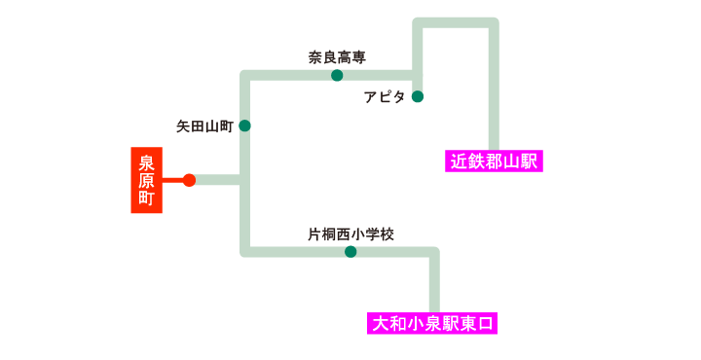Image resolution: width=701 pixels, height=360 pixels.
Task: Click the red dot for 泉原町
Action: (189, 180)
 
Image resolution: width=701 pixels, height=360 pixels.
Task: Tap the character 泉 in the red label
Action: (147, 162)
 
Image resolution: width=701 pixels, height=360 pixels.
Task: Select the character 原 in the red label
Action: (147, 180)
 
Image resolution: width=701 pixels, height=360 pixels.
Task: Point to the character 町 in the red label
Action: (147, 198)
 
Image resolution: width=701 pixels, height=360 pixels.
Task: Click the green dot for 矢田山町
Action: (244, 126)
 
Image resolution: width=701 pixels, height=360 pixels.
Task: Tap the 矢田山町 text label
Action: (204, 126)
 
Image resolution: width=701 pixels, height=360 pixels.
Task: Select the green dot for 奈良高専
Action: (337, 75)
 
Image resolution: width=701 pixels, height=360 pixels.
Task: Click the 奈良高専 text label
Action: (337, 56)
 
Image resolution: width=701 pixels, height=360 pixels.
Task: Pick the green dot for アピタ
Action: (418, 96)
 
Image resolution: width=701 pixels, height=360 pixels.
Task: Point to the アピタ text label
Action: (385, 96)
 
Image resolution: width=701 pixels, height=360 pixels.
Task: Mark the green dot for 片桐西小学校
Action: (350, 252)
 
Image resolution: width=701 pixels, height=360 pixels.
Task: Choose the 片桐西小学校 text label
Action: (350, 234)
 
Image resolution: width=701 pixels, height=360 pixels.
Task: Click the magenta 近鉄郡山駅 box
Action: (494, 161)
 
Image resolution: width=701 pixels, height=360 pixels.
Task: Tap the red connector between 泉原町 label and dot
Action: (172, 180)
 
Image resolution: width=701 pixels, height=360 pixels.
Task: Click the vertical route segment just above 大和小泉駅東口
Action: (434, 287)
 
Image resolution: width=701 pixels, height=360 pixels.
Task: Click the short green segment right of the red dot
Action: (218, 180)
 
